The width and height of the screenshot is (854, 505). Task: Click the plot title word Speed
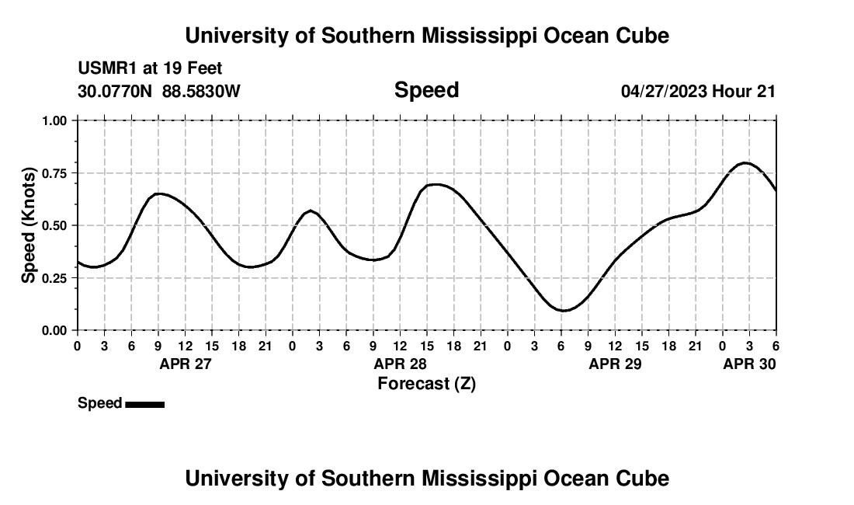point(426,90)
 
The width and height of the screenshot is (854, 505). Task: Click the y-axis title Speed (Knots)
point(29,225)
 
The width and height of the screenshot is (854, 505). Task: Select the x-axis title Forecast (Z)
point(426,383)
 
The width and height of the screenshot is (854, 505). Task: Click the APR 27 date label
point(186,364)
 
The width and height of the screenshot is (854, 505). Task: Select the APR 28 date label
point(401,364)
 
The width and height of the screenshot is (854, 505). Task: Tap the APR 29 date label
point(616,364)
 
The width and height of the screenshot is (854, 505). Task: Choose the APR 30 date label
point(749,364)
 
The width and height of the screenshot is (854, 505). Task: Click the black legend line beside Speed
point(144,404)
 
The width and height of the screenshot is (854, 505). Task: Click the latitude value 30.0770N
point(116,91)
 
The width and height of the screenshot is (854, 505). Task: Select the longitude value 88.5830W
point(201,91)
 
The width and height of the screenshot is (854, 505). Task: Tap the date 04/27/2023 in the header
point(664,91)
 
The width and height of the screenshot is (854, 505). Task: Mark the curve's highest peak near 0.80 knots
point(745,162)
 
